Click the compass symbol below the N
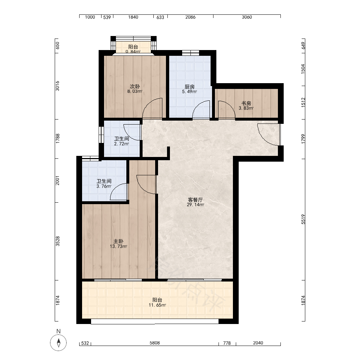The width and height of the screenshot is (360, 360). pos(58,343)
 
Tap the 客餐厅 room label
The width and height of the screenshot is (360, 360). pos(195,200)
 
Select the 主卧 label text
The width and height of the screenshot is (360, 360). pos(118,241)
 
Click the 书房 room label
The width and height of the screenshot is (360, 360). pos(246,103)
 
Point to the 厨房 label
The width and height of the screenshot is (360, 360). pos(190,87)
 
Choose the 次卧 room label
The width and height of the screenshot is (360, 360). pos(135,86)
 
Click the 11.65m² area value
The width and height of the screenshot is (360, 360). pos(157,305)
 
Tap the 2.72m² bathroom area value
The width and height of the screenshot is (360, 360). pos(121,144)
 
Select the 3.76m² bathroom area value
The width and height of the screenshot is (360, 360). pos(104,186)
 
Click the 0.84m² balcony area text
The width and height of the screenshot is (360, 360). pos(133,51)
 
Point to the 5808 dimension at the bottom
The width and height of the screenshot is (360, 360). pos(155,343)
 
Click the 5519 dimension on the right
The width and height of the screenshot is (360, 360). pos(303,219)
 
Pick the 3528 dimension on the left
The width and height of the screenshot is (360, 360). pos(58,241)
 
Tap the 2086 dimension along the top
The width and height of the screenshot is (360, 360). pos(190,17)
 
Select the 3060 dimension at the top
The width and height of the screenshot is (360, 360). pos(247,17)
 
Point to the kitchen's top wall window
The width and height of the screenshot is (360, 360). pos(190,53)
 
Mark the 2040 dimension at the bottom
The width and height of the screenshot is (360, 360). pos(258,343)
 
